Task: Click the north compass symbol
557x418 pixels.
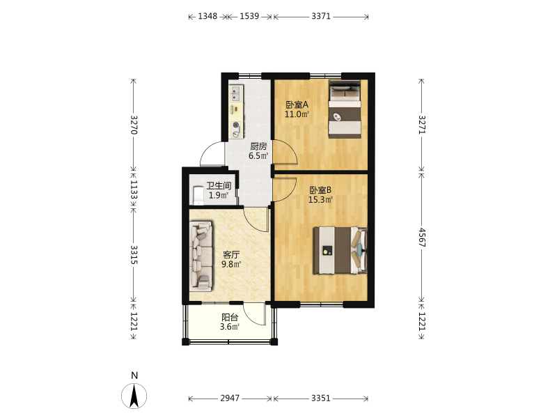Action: [x=134, y=396]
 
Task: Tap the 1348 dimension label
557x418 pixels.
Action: [x=207, y=16]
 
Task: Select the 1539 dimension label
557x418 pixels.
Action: [x=249, y=16]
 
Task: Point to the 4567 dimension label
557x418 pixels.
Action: [x=422, y=238]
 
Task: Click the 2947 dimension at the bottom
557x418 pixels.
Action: [x=230, y=398]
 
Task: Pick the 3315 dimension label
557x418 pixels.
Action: [x=134, y=254]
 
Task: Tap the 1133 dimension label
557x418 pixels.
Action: [x=134, y=189]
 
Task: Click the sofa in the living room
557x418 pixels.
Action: [x=202, y=254]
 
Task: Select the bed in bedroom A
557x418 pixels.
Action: [x=345, y=109]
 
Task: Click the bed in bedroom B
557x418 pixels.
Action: [x=340, y=250]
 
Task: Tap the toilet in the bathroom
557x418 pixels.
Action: [x=198, y=196]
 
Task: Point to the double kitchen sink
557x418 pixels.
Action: [x=236, y=93]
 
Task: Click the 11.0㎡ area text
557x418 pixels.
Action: [x=297, y=114]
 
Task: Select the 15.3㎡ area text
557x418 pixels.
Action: [x=320, y=200]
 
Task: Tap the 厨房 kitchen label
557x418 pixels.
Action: [x=258, y=146]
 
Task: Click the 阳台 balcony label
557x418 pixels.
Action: [x=230, y=318]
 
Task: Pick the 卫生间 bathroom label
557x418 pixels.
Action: [x=219, y=185]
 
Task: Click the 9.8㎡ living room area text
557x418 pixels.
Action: [x=231, y=264]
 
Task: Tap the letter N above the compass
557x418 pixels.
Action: [x=134, y=376]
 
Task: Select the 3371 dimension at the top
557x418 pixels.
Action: [x=321, y=16]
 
